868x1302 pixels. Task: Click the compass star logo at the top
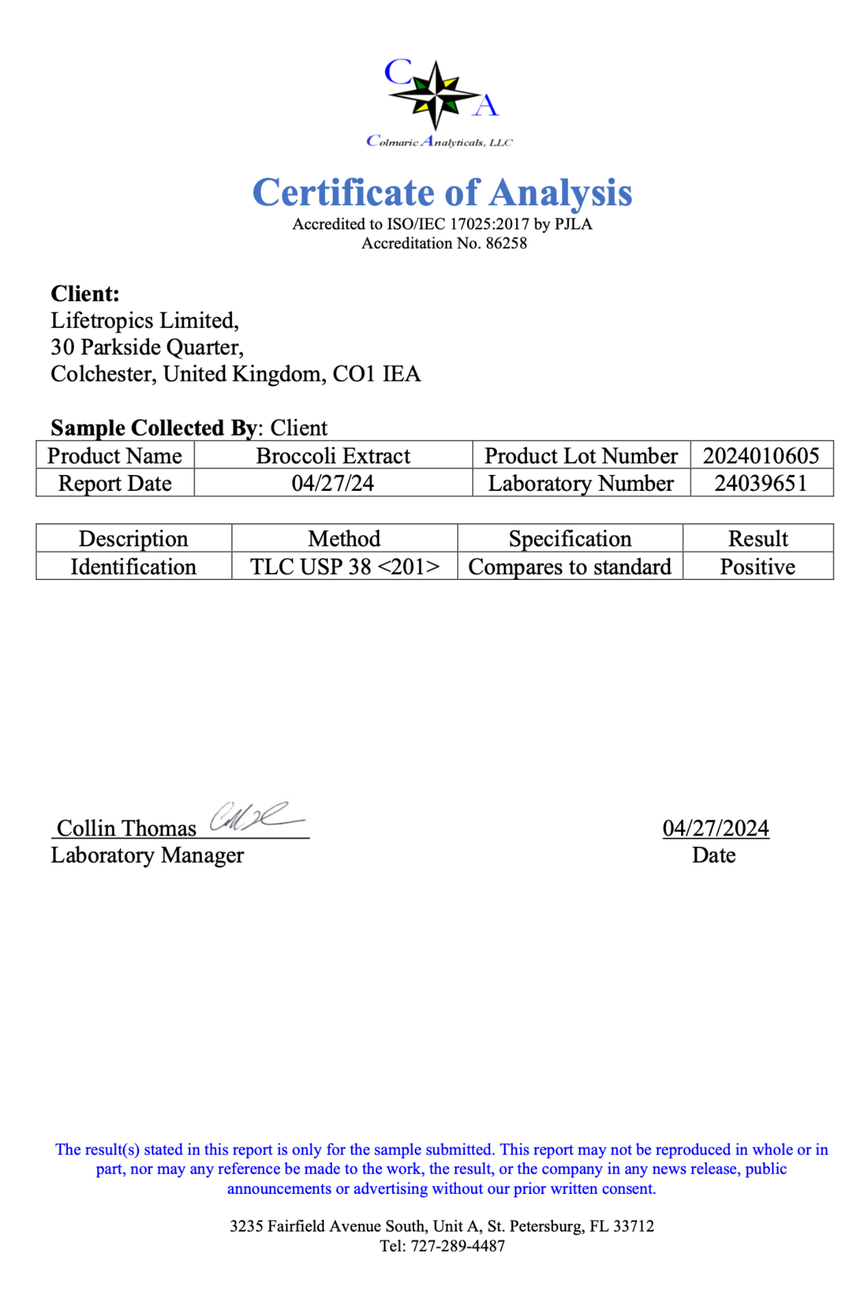(x=436, y=94)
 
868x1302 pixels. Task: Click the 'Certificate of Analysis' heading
(x=442, y=192)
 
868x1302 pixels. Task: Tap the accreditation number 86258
(x=506, y=243)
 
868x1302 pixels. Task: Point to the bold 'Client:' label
(x=85, y=293)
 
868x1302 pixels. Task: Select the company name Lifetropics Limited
(x=144, y=321)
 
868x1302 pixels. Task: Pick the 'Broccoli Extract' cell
(x=333, y=455)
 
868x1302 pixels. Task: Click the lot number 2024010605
(x=760, y=455)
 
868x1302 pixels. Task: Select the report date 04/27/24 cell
(x=333, y=483)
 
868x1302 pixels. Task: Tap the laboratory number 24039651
(x=760, y=483)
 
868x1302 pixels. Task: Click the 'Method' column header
(x=344, y=538)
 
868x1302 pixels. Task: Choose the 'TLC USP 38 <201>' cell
(x=344, y=566)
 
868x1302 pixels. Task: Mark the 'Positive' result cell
(x=757, y=566)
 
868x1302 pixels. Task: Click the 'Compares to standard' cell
(x=569, y=566)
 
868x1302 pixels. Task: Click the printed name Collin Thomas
(x=126, y=828)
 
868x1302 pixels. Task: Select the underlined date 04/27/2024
(x=715, y=828)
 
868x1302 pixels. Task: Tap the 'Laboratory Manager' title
(x=147, y=855)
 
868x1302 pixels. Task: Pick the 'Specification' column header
(x=569, y=538)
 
